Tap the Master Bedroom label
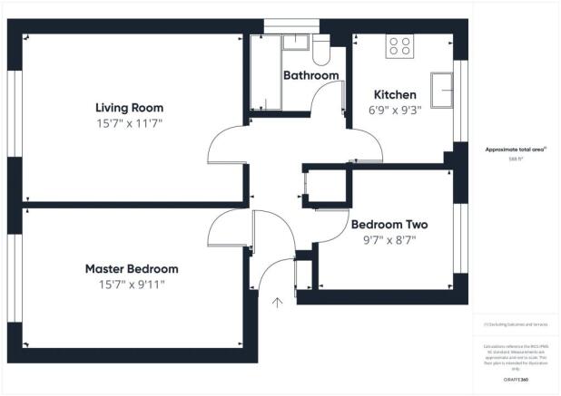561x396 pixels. click(x=132, y=269)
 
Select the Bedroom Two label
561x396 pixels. click(x=389, y=225)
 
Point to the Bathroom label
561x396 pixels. click(x=311, y=75)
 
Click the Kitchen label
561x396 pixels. click(x=395, y=94)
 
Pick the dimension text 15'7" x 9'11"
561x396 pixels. click(x=132, y=285)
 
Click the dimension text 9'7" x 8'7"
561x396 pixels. click(x=389, y=240)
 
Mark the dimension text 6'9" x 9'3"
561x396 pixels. click(x=395, y=110)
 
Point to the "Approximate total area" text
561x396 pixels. click(x=515, y=149)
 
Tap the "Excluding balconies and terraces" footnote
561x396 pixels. click(x=515, y=324)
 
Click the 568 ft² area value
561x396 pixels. click(x=515, y=158)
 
